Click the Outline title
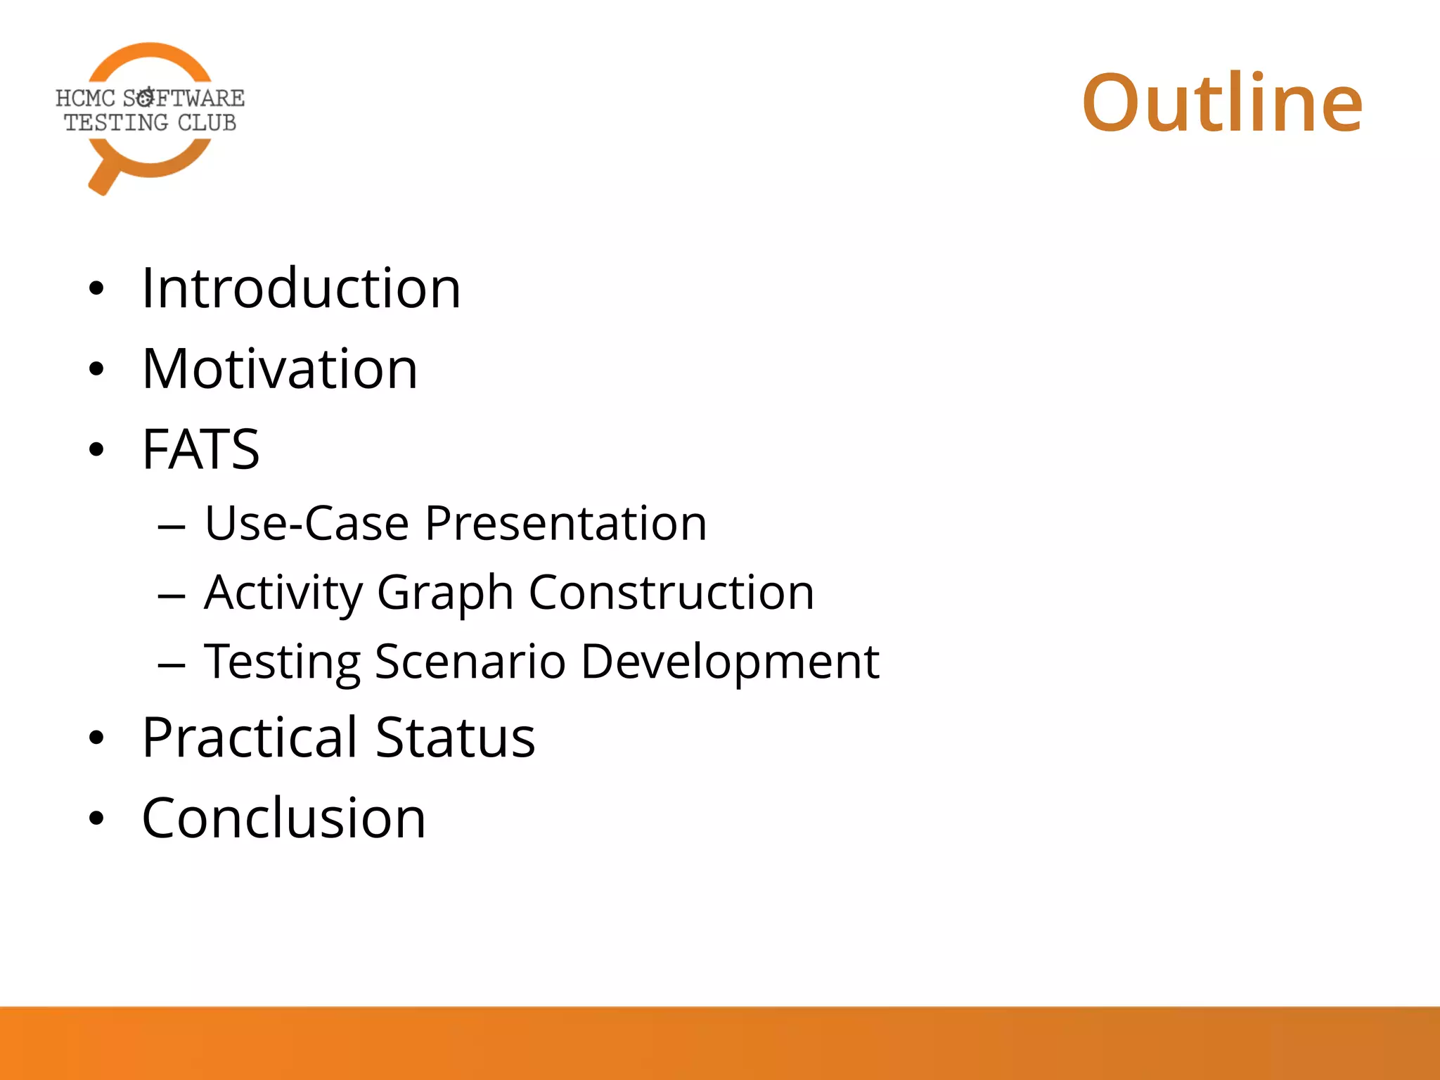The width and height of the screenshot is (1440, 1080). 1222,103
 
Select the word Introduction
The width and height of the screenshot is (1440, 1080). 301,288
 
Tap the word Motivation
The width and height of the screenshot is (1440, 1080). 280,369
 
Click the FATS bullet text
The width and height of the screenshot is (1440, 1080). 201,450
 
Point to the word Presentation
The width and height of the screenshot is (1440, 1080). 566,524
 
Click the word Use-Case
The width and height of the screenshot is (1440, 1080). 307,524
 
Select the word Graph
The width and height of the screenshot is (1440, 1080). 445,593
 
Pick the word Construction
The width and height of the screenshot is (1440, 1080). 671,593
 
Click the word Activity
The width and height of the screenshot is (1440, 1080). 282,593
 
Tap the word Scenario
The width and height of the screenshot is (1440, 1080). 470,662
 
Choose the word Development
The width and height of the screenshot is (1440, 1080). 730,662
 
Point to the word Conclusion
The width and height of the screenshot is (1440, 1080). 283,818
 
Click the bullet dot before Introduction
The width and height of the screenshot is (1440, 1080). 96,289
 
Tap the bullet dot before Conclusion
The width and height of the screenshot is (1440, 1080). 96,818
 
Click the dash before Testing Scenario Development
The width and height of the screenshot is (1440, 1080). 172,664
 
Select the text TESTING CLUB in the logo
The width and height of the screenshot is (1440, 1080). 150,123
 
